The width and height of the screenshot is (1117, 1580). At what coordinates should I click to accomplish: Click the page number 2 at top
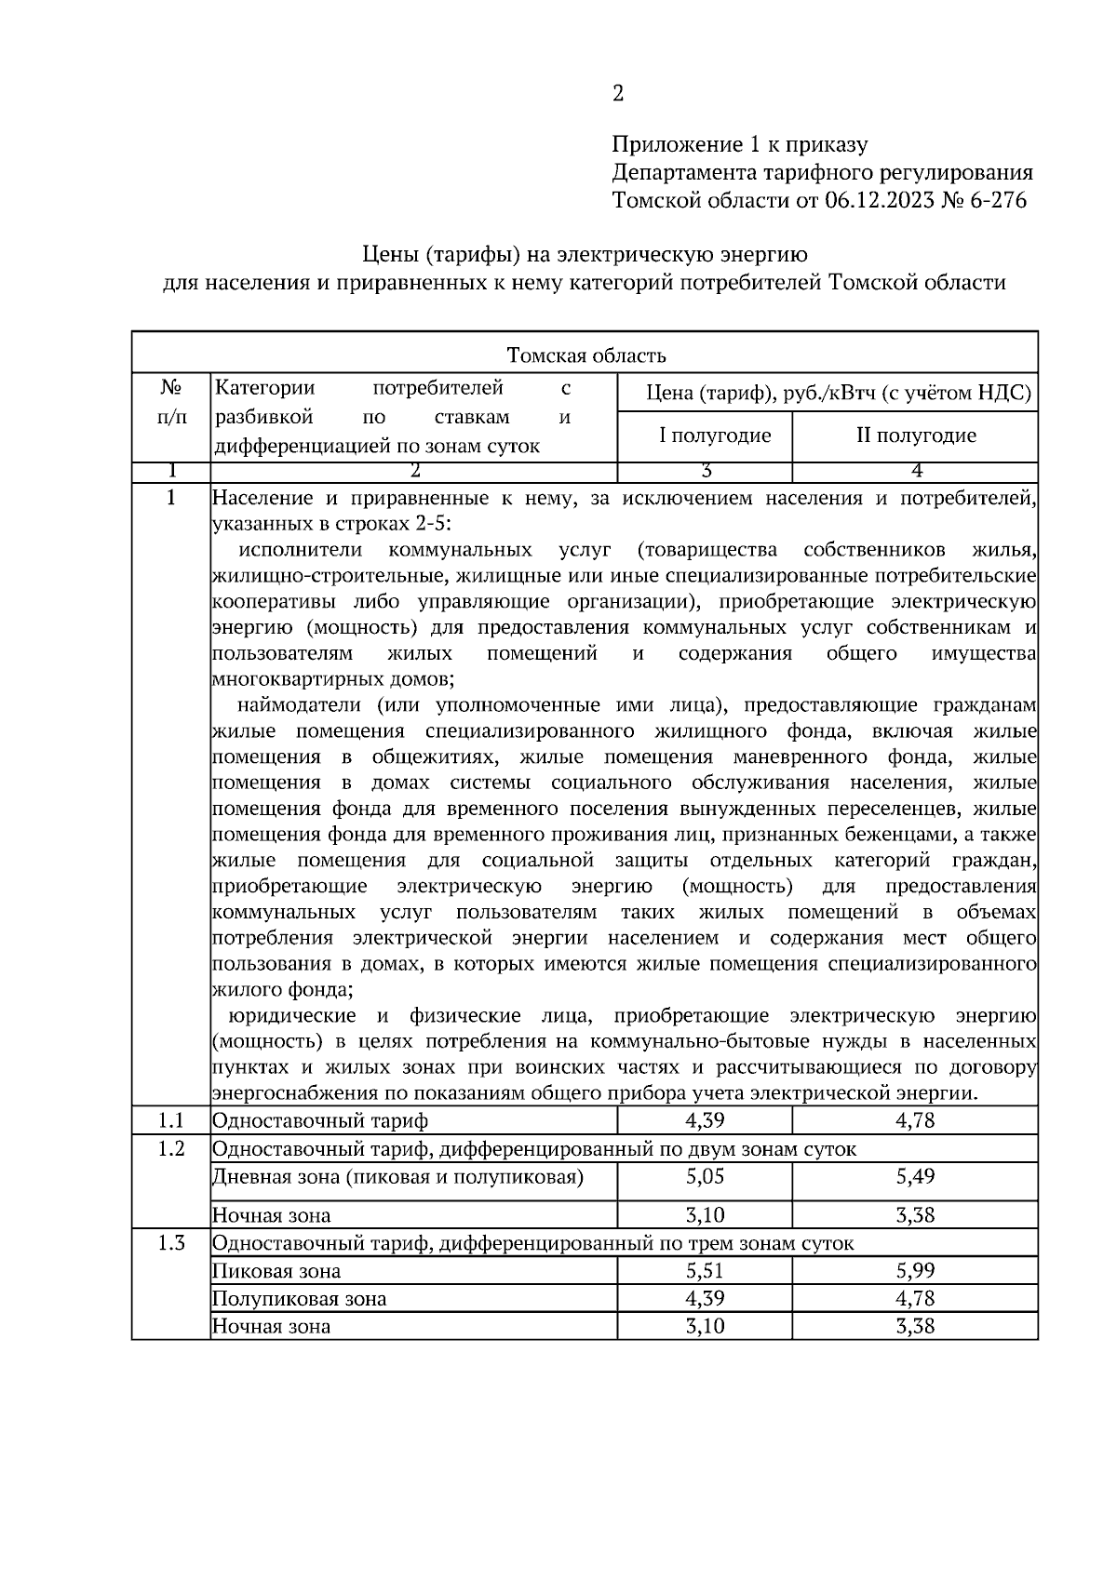pos(618,93)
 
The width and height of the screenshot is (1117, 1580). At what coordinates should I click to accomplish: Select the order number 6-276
pos(999,200)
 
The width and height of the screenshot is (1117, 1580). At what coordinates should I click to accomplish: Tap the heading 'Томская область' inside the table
pos(585,355)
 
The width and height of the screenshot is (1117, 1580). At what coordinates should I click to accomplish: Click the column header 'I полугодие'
pos(715,435)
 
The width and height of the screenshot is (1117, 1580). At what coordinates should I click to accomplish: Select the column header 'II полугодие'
pos(916,435)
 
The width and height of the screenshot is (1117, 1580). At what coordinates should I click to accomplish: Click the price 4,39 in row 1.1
pos(705,1120)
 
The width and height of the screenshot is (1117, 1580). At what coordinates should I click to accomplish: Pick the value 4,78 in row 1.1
pos(915,1120)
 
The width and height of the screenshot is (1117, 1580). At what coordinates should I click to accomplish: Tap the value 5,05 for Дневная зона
pos(705,1176)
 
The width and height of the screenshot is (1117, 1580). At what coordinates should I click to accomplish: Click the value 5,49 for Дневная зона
pos(915,1176)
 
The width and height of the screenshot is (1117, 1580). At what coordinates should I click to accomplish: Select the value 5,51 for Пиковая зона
pos(705,1271)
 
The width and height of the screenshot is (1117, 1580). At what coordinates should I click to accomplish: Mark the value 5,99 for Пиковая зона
pos(915,1271)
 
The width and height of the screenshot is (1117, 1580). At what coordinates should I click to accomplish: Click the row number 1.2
pos(171,1148)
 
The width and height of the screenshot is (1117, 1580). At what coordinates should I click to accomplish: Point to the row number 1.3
pos(171,1243)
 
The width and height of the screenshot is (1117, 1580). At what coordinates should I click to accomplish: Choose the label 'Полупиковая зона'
pos(299,1299)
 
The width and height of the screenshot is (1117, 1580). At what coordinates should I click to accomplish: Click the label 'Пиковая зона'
pos(276,1271)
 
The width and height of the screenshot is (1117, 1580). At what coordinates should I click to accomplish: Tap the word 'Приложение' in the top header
pos(666,145)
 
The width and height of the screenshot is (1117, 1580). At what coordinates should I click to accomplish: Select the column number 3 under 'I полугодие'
pos(706,471)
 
